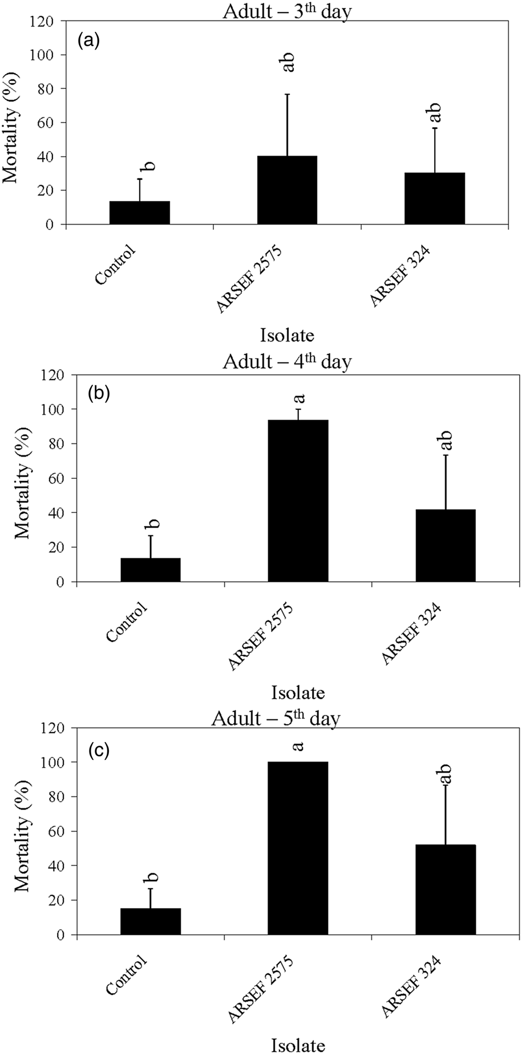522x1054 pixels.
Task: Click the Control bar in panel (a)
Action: [140, 213]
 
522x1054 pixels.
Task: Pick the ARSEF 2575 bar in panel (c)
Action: [298, 848]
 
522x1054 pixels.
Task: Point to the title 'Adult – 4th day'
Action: [287, 362]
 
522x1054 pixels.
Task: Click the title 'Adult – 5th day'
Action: [276, 718]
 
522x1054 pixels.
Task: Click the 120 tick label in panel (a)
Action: [43, 22]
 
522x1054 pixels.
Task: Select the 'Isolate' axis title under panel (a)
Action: [287, 335]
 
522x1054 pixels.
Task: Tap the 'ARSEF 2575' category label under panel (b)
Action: [261, 637]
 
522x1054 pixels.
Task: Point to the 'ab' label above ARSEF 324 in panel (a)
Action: [435, 113]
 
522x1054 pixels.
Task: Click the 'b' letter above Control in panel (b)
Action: [154, 523]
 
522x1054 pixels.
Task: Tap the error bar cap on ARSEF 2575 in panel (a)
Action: [288, 94]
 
